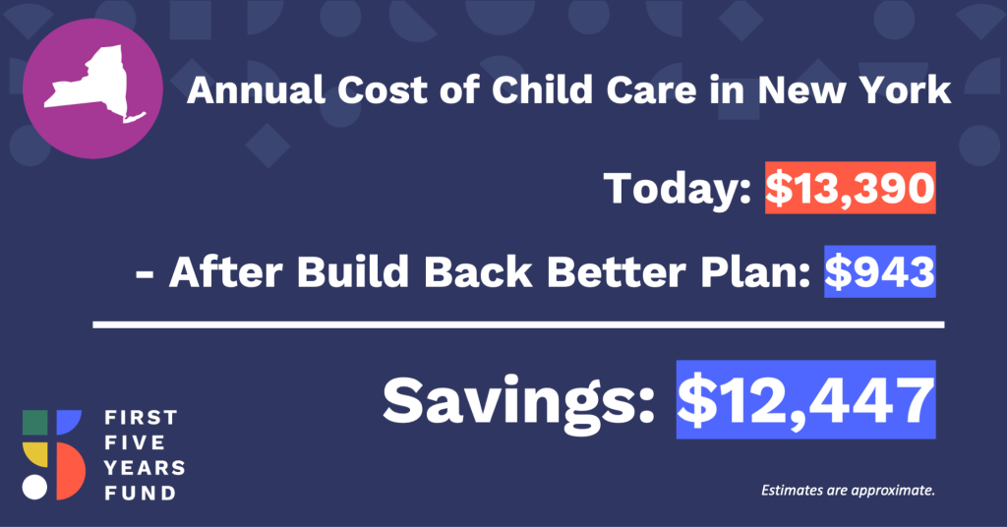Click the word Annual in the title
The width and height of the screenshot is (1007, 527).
pos(256,89)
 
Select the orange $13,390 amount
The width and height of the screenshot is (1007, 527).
pos(850,188)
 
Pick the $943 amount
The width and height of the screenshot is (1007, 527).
pos(880,271)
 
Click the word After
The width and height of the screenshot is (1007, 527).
pos(225,271)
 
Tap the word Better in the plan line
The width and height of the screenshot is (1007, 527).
pos(617,271)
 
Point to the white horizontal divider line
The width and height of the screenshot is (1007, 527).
pos(518,324)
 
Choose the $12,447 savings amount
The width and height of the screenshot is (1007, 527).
pos(806,400)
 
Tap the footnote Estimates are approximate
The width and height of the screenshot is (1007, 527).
pos(848,491)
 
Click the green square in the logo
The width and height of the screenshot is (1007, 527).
pos(35,423)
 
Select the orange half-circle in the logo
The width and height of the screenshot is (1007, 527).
pos(71,471)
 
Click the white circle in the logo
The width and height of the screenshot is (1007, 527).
pos(34,488)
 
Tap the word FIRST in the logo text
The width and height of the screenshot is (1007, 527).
pos(141,418)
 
